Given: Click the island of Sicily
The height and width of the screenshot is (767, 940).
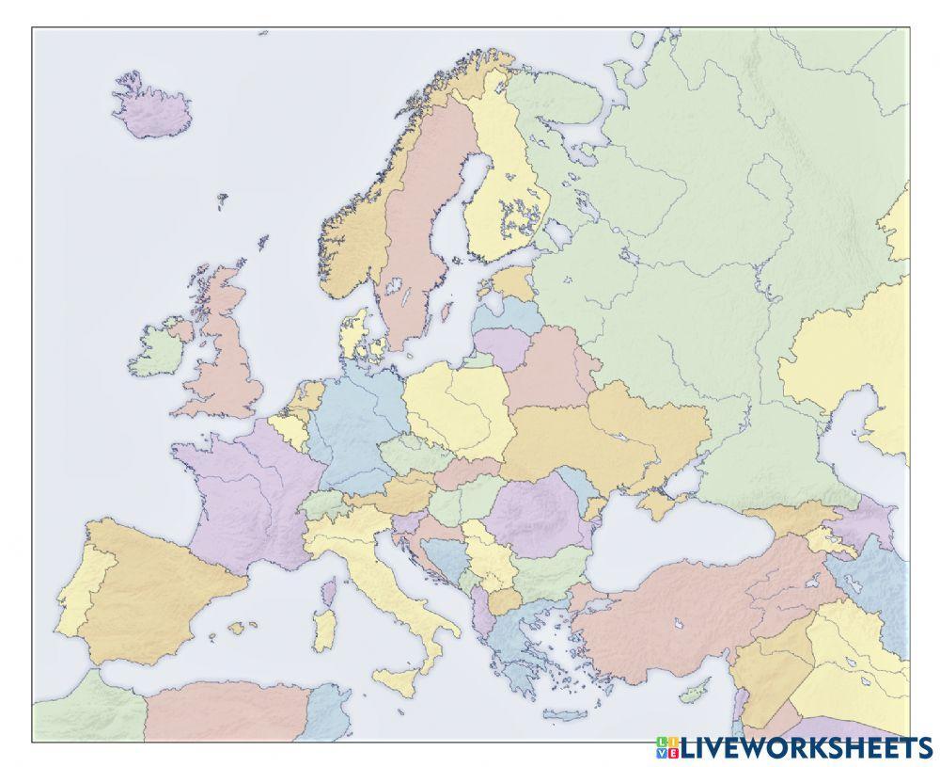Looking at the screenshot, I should (401, 679).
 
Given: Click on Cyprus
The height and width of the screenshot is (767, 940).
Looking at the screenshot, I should (694, 695).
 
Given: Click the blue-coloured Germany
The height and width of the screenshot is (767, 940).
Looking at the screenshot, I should (352, 423).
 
